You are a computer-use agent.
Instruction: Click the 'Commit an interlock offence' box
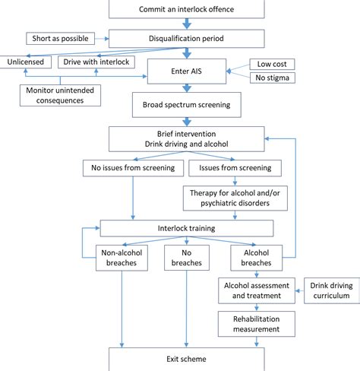(187, 8)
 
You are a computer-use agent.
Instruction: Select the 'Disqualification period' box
(187, 37)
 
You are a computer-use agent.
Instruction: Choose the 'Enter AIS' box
(187, 71)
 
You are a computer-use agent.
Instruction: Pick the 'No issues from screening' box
(132, 166)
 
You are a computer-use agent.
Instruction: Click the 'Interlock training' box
(187, 227)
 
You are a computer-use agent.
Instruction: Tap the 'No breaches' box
(187, 257)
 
